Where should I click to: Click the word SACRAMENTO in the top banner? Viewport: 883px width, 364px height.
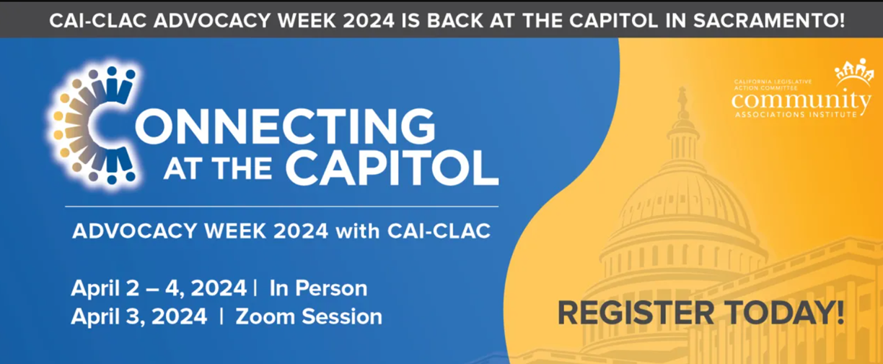[769, 20]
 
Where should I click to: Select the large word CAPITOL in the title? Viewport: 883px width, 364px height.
[392, 168]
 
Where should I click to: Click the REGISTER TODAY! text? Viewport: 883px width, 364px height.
[700, 313]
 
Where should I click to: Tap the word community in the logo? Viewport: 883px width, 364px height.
[801, 100]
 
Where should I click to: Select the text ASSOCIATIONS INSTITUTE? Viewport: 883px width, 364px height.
[796, 115]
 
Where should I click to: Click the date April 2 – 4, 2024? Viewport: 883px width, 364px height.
[159, 288]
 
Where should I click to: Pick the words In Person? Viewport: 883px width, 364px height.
[319, 288]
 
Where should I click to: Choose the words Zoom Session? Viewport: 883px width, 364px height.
[309, 316]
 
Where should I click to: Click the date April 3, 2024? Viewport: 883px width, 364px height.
[139, 316]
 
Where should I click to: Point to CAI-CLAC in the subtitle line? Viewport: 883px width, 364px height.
[439, 231]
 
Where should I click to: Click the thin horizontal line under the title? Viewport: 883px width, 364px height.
[282, 207]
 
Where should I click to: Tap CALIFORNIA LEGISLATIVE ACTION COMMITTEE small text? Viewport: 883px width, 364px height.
[773, 85]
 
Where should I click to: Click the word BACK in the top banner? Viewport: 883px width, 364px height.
[455, 20]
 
